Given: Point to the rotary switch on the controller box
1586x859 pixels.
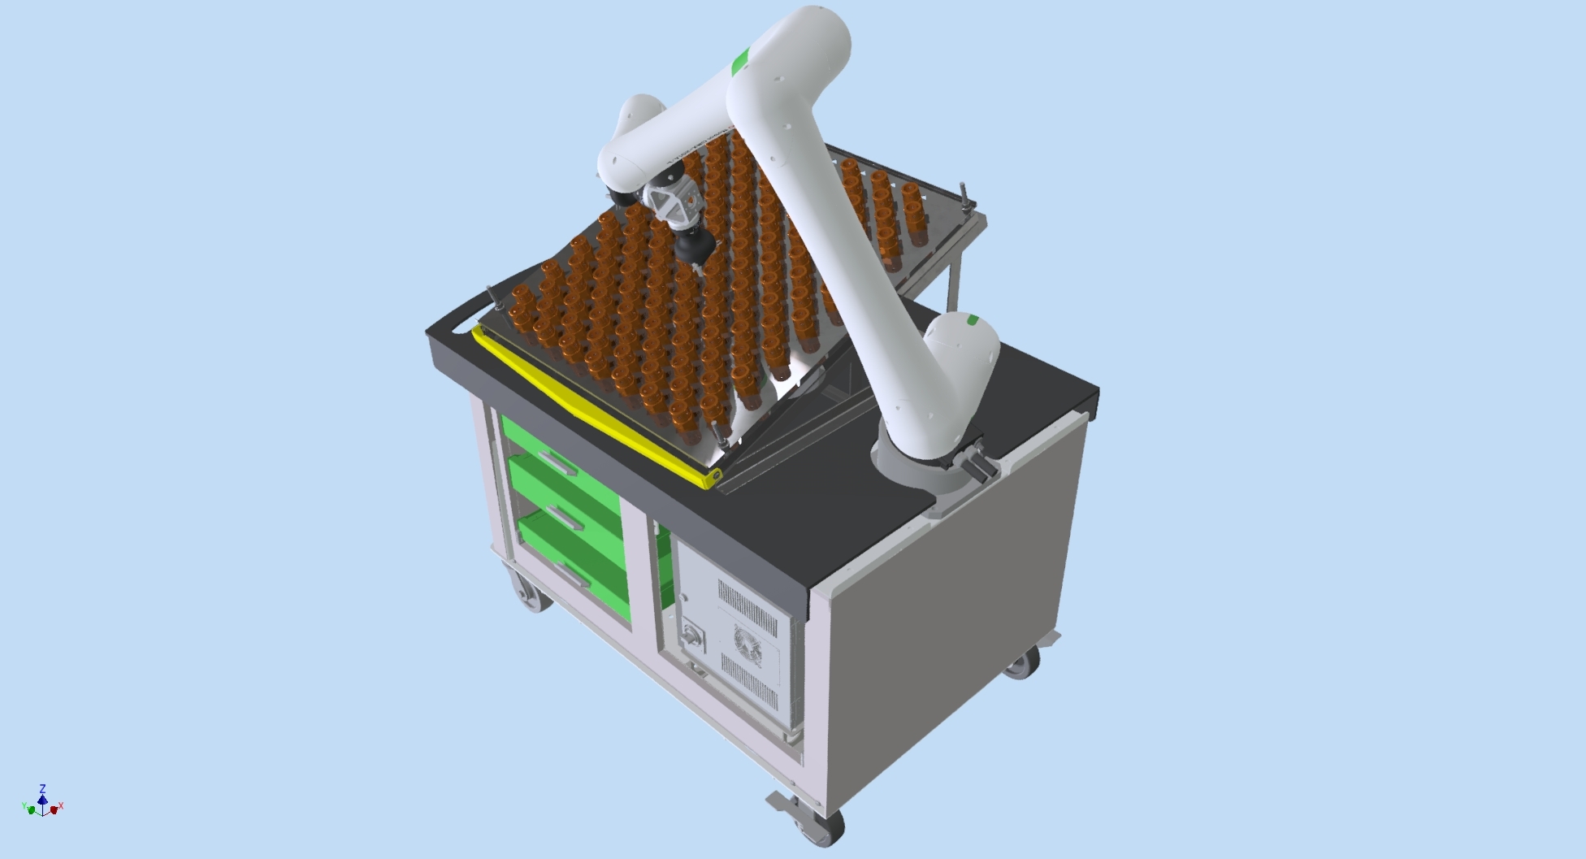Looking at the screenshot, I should click(x=693, y=635).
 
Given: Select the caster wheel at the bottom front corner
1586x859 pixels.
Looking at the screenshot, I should click(x=812, y=825).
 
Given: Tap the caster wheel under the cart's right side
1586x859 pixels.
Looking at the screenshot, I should click(x=1023, y=662).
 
